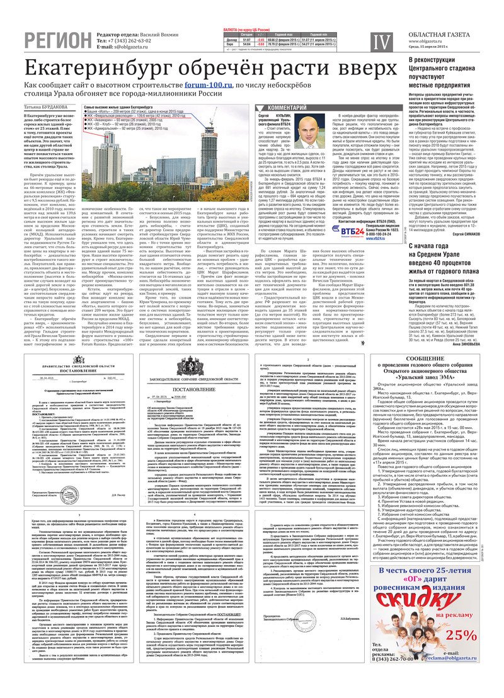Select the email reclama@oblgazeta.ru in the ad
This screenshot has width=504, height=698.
[x=458, y=658]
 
